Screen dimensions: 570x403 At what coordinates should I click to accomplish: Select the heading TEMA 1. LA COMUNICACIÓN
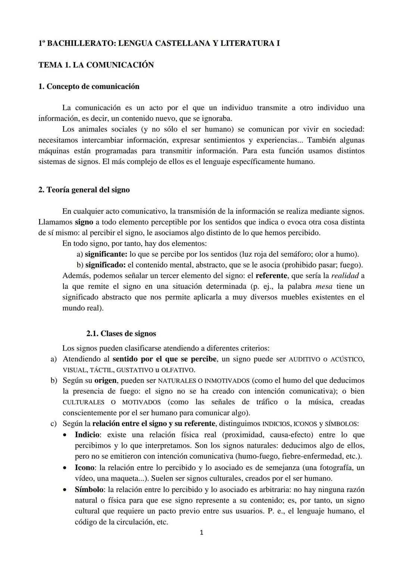pyautogui.click(x=96, y=65)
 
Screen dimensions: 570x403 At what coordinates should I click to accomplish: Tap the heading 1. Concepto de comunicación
pyautogui.click(x=89, y=87)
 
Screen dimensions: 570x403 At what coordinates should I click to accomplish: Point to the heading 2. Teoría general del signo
pyautogui.click(x=84, y=190)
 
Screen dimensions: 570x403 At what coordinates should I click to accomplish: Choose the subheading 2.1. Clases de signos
pyautogui.click(x=121, y=334)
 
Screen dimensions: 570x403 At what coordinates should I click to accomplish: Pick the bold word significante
pyautogui.click(x=106, y=254)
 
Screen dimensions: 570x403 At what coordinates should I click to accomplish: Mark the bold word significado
pyautogui.click(x=105, y=265)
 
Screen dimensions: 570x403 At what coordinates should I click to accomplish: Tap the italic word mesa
pyautogui.click(x=324, y=287)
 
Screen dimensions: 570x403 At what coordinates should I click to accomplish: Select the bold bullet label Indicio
pyautogui.click(x=87, y=435)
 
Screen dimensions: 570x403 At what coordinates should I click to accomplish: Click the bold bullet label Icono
pyautogui.click(x=85, y=468)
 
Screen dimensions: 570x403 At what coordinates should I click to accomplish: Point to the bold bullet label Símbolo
pyautogui.click(x=89, y=489)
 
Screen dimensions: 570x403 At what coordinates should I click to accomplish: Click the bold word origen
pyautogui.click(x=105, y=381)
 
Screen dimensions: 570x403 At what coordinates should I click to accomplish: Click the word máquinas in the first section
pyautogui.click(x=53, y=151)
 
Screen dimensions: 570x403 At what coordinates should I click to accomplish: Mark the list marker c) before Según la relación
pyautogui.click(x=53, y=424)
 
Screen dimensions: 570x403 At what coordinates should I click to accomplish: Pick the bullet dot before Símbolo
pyautogui.click(x=66, y=489)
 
